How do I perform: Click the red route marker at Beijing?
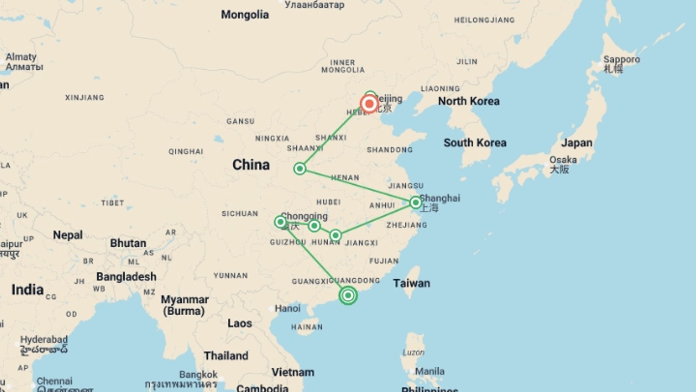coord(369,104)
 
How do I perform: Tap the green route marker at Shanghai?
coord(415,202)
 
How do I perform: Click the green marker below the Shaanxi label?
coord(300,168)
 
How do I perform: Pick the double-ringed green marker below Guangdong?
coord(348,295)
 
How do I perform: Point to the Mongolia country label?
coord(245,15)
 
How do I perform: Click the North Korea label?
coord(469,101)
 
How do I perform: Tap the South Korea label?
coord(475,143)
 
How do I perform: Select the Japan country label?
coord(577,143)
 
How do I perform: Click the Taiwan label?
coord(411,283)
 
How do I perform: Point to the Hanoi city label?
coord(287,309)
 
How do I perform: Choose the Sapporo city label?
coord(621,60)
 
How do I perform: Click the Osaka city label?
coord(563,160)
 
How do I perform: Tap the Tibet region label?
coord(112,203)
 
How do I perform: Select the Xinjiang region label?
coord(84,97)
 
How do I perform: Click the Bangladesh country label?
coord(126,277)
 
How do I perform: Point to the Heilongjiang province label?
coord(484,20)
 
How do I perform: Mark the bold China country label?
coord(251,165)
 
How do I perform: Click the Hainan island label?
coord(307,327)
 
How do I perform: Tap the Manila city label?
coord(430,371)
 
